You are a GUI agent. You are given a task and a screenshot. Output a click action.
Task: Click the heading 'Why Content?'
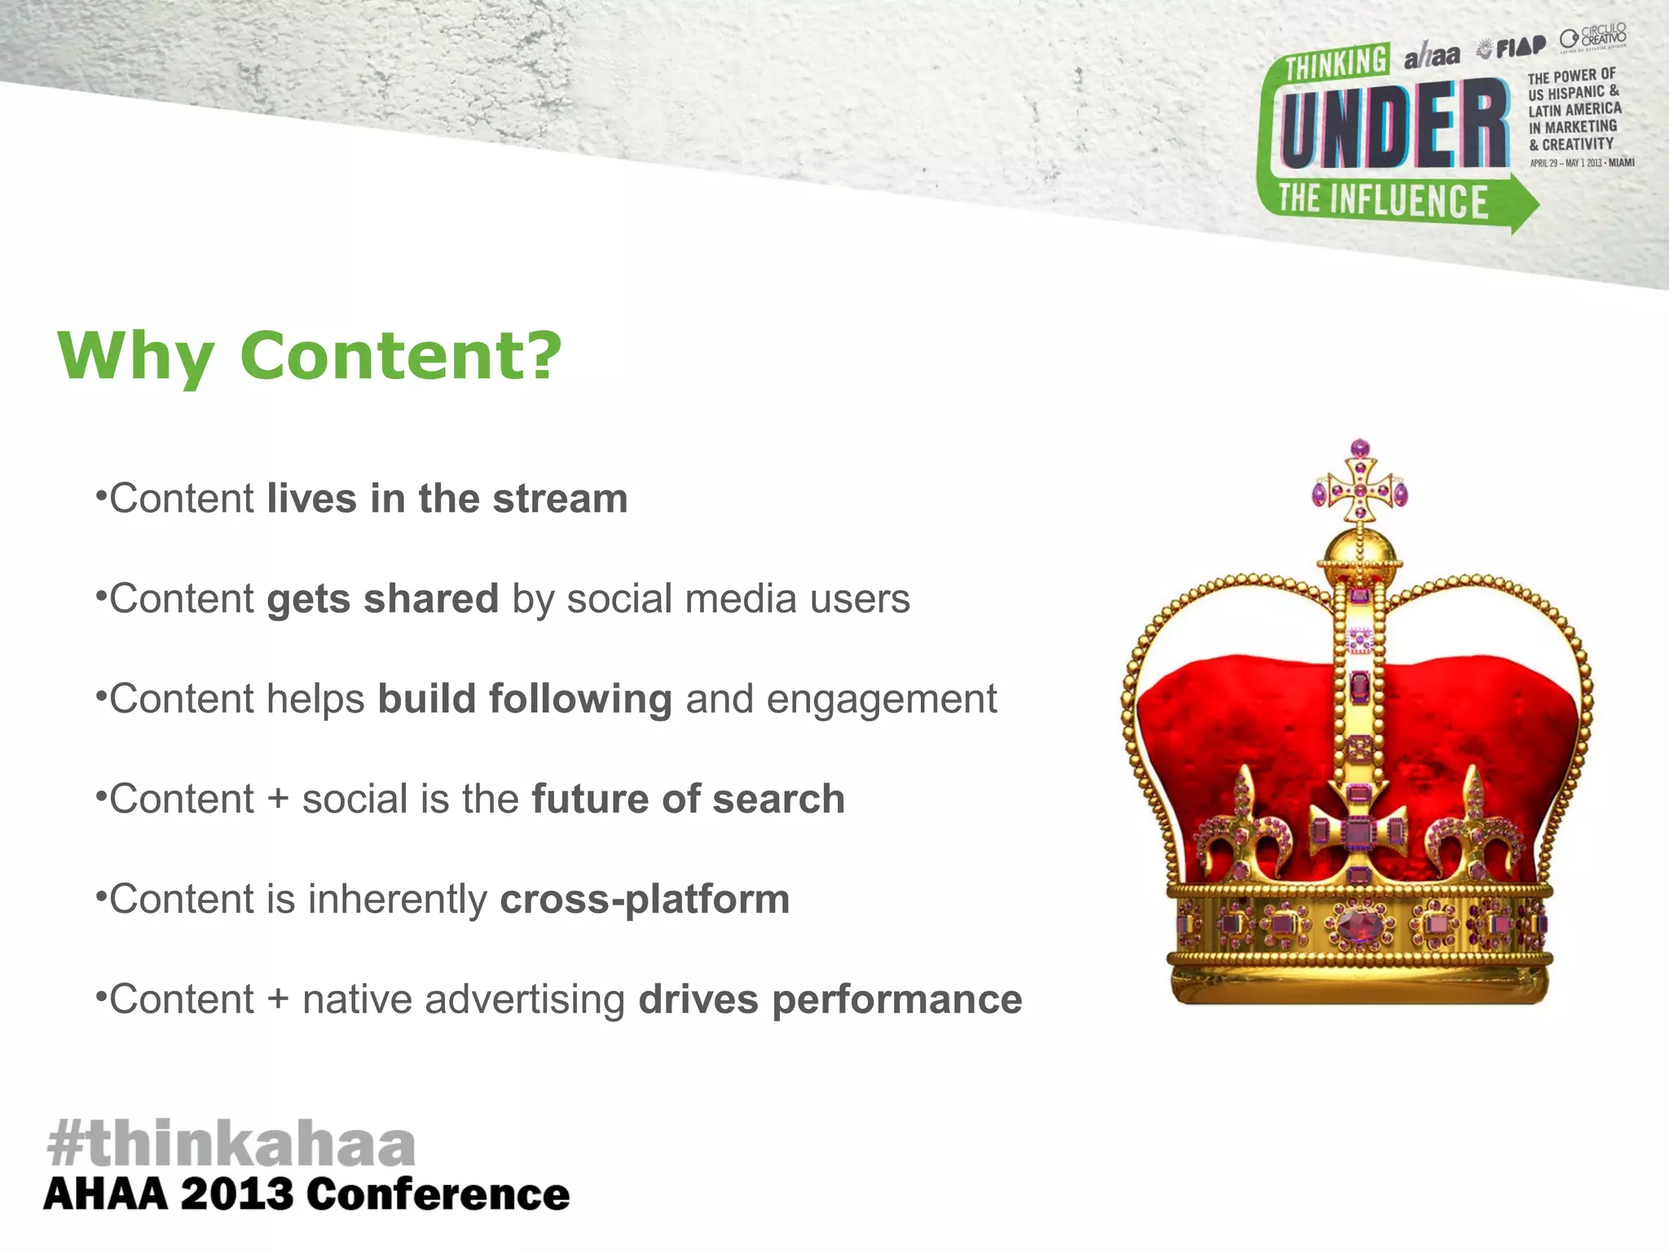pos(310,356)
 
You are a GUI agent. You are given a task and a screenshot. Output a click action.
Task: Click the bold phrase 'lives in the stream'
pos(447,499)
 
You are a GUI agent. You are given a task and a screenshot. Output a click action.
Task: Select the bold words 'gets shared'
pos(382,599)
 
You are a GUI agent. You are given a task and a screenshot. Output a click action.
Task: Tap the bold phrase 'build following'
pos(525,699)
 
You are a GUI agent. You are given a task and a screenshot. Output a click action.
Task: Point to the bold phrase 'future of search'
pos(688,799)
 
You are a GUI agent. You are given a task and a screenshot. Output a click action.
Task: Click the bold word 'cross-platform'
pos(645,899)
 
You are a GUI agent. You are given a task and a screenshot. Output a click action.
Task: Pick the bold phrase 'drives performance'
pos(830,999)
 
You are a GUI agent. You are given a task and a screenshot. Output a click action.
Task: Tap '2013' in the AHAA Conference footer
pos(236,1195)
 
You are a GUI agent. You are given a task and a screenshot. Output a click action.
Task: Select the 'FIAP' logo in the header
pos(1514,47)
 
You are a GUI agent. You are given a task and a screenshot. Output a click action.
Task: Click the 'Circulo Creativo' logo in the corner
pos(1593,38)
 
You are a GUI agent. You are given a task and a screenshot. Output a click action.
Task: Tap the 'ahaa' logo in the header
pos(1432,55)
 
